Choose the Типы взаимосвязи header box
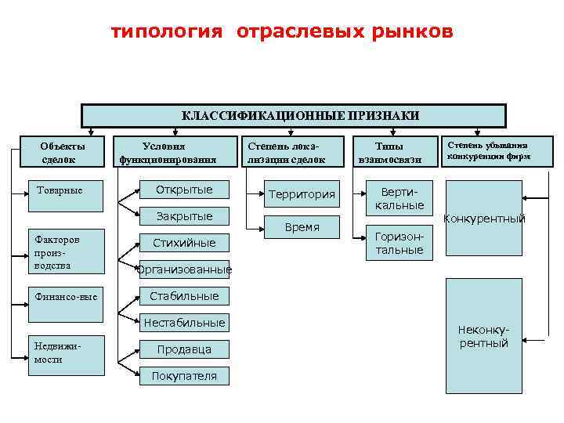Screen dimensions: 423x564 (x=389, y=153)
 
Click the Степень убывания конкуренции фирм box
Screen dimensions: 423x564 (x=488, y=150)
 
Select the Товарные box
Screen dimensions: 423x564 (x=67, y=196)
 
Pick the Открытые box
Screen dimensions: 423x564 (x=184, y=190)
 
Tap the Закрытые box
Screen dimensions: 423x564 (x=184, y=216)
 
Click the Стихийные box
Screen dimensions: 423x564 (x=184, y=243)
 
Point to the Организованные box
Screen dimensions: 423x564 (x=184, y=270)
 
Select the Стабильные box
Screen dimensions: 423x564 (x=184, y=296)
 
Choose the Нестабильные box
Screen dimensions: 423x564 (x=184, y=323)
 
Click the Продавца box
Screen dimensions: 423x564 (x=184, y=349)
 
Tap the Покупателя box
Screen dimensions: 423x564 (x=184, y=376)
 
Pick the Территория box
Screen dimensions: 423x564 (x=302, y=194)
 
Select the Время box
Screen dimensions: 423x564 (x=302, y=227)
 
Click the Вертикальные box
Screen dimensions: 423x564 (x=399, y=198)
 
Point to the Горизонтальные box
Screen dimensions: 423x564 (x=399, y=243)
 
